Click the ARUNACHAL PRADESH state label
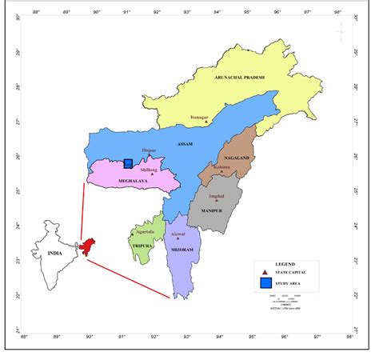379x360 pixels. [239, 78]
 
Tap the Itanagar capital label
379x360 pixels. [199, 118]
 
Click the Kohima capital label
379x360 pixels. [221, 167]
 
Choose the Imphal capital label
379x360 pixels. [217, 195]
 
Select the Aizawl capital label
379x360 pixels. [178, 234]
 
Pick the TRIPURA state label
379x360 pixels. [143, 246]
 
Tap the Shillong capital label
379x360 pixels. [150, 170]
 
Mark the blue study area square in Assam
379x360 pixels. [128, 163]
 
